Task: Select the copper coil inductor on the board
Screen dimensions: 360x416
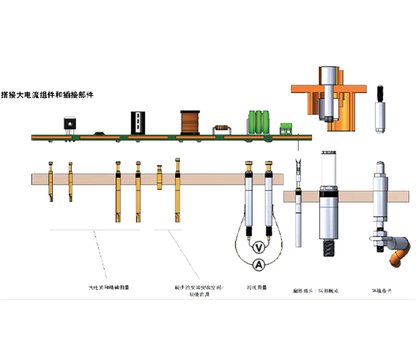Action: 189,121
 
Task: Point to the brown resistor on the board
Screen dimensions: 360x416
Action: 222,127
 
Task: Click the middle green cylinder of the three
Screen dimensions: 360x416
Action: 260,121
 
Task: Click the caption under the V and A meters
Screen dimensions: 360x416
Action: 256,289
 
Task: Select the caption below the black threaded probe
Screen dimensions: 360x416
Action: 315,292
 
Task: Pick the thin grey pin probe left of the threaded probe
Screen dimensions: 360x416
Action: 298,209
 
